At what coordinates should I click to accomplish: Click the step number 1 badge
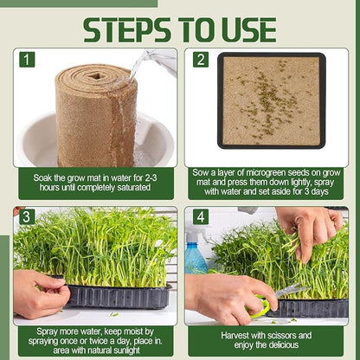tap(27, 60)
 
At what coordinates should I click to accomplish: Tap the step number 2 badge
tap(201, 60)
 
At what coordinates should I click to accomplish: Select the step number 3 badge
tap(26, 217)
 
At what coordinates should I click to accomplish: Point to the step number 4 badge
tap(201, 217)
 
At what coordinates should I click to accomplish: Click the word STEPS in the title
tap(127, 30)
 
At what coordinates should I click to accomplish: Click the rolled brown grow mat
tap(96, 115)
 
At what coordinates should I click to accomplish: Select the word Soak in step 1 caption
tap(42, 177)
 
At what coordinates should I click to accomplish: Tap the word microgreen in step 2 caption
tap(258, 173)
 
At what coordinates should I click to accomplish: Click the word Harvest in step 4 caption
tap(235, 336)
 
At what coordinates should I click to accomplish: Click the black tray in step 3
tap(119, 296)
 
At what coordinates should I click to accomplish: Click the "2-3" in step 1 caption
tap(150, 177)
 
